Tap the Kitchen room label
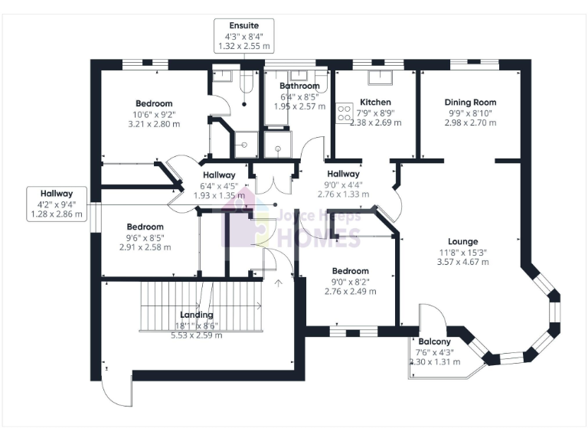click(x=375, y=102)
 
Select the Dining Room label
click(x=470, y=102)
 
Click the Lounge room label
click(x=462, y=241)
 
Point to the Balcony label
click(x=434, y=341)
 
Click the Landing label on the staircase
click(x=197, y=315)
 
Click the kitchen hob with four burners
click(x=344, y=113)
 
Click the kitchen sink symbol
click(x=378, y=77)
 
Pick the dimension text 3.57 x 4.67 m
click(x=462, y=262)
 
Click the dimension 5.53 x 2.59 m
click(x=197, y=335)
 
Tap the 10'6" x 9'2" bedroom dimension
click(x=154, y=114)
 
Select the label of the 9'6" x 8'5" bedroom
click(x=145, y=227)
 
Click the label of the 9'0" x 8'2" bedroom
click(x=351, y=271)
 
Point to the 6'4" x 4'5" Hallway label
click(x=219, y=175)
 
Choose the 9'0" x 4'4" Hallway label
click(x=343, y=174)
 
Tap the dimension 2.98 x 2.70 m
click(x=470, y=122)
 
